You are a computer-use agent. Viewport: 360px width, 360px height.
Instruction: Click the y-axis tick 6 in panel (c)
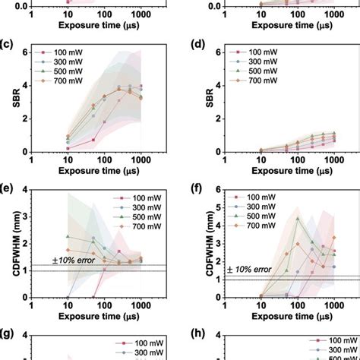[24, 52]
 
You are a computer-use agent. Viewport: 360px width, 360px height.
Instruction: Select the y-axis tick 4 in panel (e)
[24, 189]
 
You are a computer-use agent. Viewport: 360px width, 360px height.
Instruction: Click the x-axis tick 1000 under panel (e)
[141, 305]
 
